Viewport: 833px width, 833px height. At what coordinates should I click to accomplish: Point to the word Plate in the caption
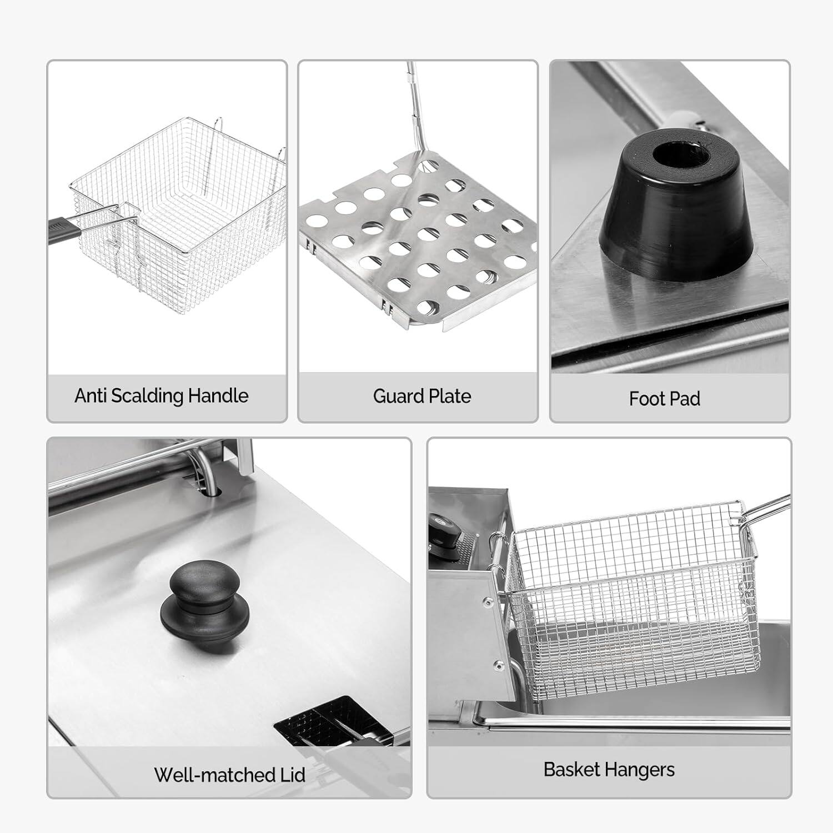point(449,397)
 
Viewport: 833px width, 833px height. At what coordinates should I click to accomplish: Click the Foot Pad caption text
point(664,399)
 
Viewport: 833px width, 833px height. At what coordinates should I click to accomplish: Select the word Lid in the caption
point(292,775)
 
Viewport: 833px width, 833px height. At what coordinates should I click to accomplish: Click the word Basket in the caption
point(572,770)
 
